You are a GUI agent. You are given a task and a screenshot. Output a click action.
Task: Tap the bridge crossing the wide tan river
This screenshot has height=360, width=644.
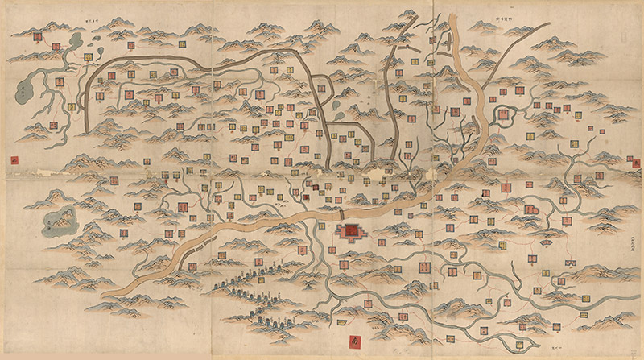tap(342, 214)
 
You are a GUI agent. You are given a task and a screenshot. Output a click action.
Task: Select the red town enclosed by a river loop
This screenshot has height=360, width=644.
tap(504, 116)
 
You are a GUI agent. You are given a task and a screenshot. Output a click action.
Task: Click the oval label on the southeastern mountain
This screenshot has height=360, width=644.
tap(548, 237)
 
